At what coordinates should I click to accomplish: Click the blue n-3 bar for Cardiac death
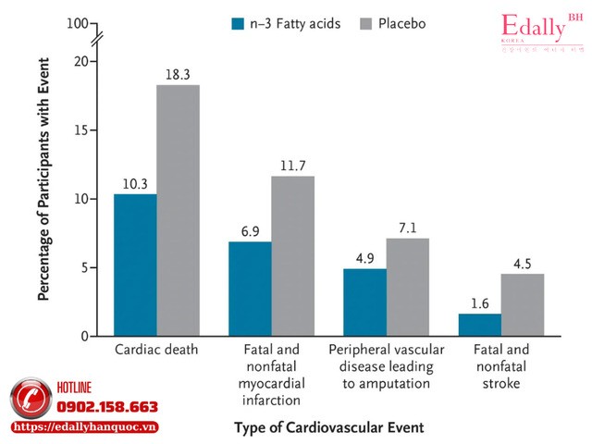(135, 265)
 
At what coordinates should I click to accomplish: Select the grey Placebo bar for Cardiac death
(178, 210)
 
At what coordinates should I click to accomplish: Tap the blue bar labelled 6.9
(250, 289)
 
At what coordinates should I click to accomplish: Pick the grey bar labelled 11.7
(292, 255)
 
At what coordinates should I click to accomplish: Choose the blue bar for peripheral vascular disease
(364, 302)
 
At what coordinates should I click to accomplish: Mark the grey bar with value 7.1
(407, 287)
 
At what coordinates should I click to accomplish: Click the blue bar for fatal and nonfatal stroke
(479, 325)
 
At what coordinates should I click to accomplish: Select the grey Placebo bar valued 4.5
(522, 304)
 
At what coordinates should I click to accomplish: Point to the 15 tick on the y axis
(86, 130)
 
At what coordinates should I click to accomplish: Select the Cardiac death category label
(156, 352)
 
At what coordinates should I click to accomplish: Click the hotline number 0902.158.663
(108, 407)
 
